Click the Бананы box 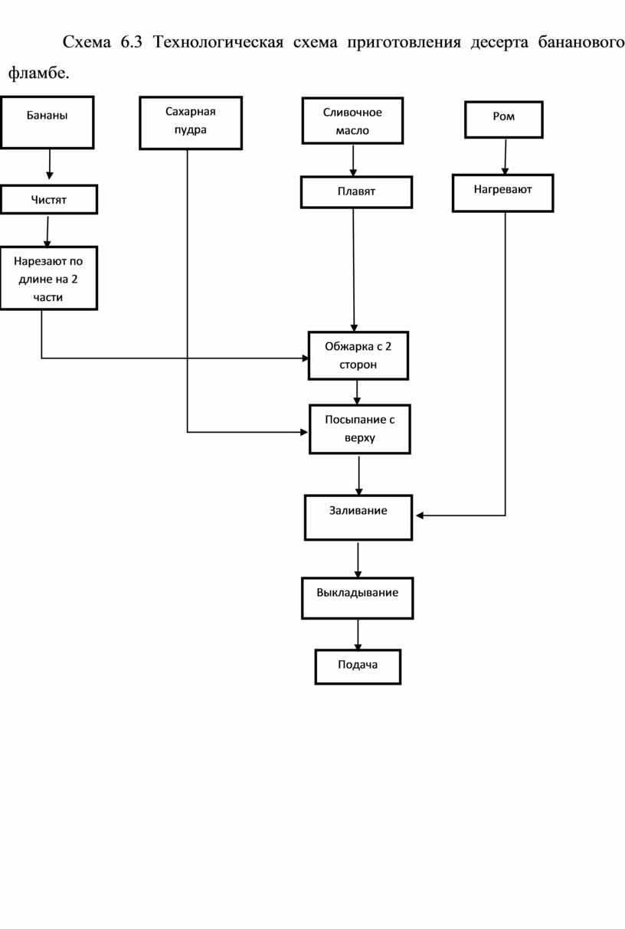click(x=47, y=123)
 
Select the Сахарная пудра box click(x=191, y=123)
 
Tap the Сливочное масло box click(x=352, y=121)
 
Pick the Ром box click(x=504, y=119)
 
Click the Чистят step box click(x=49, y=199)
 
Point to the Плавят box click(x=357, y=192)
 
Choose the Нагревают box click(x=503, y=193)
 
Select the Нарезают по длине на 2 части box click(x=48, y=278)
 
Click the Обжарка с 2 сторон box click(x=358, y=355)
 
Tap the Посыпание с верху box click(x=360, y=429)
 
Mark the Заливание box click(x=358, y=518)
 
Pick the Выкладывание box click(x=358, y=598)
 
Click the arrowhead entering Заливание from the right click(x=420, y=515)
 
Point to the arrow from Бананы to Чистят click(x=49, y=164)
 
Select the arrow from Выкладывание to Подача click(x=358, y=635)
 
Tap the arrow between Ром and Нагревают click(x=506, y=157)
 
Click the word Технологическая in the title click(x=218, y=42)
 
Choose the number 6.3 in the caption click(x=132, y=42)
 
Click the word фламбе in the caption click(x=37, y=74)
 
